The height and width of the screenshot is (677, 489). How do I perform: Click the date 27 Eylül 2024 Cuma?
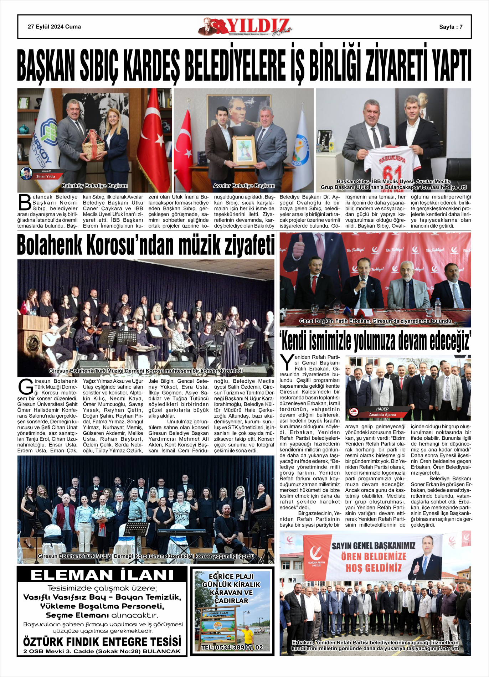(54, 27)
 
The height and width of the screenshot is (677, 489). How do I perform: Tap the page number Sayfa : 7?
(451, 27)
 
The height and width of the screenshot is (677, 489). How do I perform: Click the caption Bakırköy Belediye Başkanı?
(94, 186)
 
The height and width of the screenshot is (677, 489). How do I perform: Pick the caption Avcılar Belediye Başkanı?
(244, 186)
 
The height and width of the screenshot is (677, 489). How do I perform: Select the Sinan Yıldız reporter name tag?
(45, 176)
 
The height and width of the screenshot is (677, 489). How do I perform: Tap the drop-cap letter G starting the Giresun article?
(25, 387)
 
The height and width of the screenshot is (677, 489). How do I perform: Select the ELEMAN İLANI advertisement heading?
(102, 575)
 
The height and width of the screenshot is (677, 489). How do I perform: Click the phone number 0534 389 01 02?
(232, 647)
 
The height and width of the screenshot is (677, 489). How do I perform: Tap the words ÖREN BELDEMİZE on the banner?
(374, 557)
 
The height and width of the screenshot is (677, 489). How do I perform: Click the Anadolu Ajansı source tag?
(382, 415)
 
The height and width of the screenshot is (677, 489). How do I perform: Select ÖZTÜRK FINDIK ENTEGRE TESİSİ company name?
(102, 642)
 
